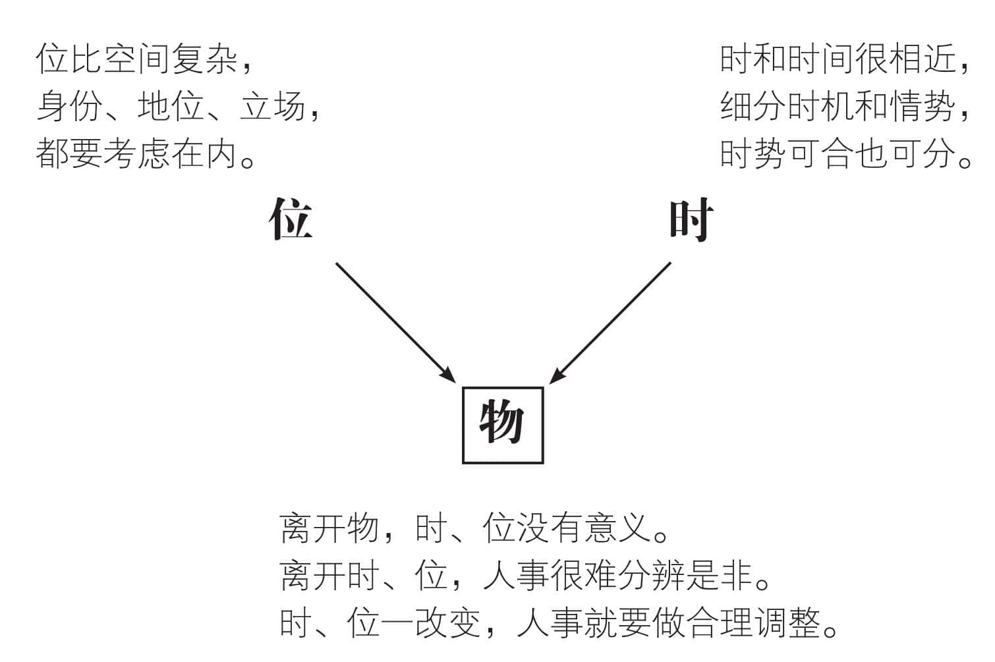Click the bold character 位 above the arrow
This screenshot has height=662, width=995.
point(291,219)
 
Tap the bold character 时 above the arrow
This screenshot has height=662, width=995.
point(692,220)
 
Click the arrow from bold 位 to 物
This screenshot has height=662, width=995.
point(395,322)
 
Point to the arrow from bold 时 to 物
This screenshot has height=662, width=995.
point(610,322)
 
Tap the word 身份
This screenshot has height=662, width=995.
point(69,106)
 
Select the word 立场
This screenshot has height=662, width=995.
point(272,106)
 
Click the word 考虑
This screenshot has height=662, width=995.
point(137,153)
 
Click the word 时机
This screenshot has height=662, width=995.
point(805,106)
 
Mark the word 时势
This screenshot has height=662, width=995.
point(753,153)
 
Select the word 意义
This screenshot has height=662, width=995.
point(618,528)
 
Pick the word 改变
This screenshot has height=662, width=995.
point(449,623)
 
